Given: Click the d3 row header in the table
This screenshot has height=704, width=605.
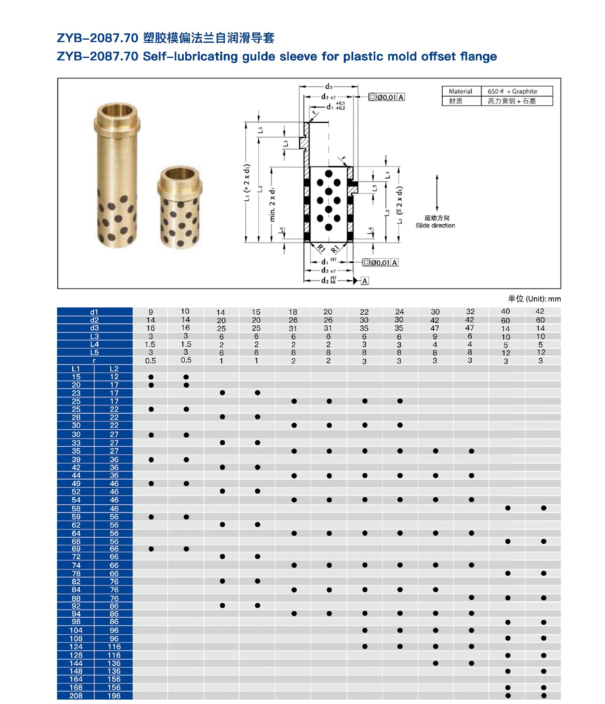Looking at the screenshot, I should coord(95,328).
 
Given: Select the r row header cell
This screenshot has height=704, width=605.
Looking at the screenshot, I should coord(95,360).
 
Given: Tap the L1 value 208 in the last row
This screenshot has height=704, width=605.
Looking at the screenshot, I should coord(76,695).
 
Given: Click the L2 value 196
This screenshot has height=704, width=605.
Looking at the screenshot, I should coord(114,695).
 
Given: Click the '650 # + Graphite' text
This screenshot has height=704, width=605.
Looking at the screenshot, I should coord(512,91).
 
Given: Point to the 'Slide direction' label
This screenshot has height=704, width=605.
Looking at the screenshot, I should coord(435,225).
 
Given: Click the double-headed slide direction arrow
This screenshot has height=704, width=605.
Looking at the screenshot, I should coord(437,193).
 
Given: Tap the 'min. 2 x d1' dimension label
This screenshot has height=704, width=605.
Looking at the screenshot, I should coord(272,204).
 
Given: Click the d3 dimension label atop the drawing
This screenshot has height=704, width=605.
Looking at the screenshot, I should coord(328,87).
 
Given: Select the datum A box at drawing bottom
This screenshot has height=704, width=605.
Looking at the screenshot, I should coord(365,281).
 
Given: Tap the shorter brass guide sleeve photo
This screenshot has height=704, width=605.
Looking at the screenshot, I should coord(180,207).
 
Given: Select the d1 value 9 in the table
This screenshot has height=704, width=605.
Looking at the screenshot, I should coord(151,312).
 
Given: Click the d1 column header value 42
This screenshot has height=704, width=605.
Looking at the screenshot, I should coord(540,311).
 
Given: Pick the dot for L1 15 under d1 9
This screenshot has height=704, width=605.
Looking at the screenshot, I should coord(151,377).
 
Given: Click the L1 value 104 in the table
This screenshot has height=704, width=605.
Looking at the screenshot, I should coord(76,630).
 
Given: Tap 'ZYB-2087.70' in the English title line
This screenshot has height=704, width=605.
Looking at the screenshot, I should coord(98,56).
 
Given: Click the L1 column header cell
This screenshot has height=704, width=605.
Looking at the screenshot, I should coord(76,369).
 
